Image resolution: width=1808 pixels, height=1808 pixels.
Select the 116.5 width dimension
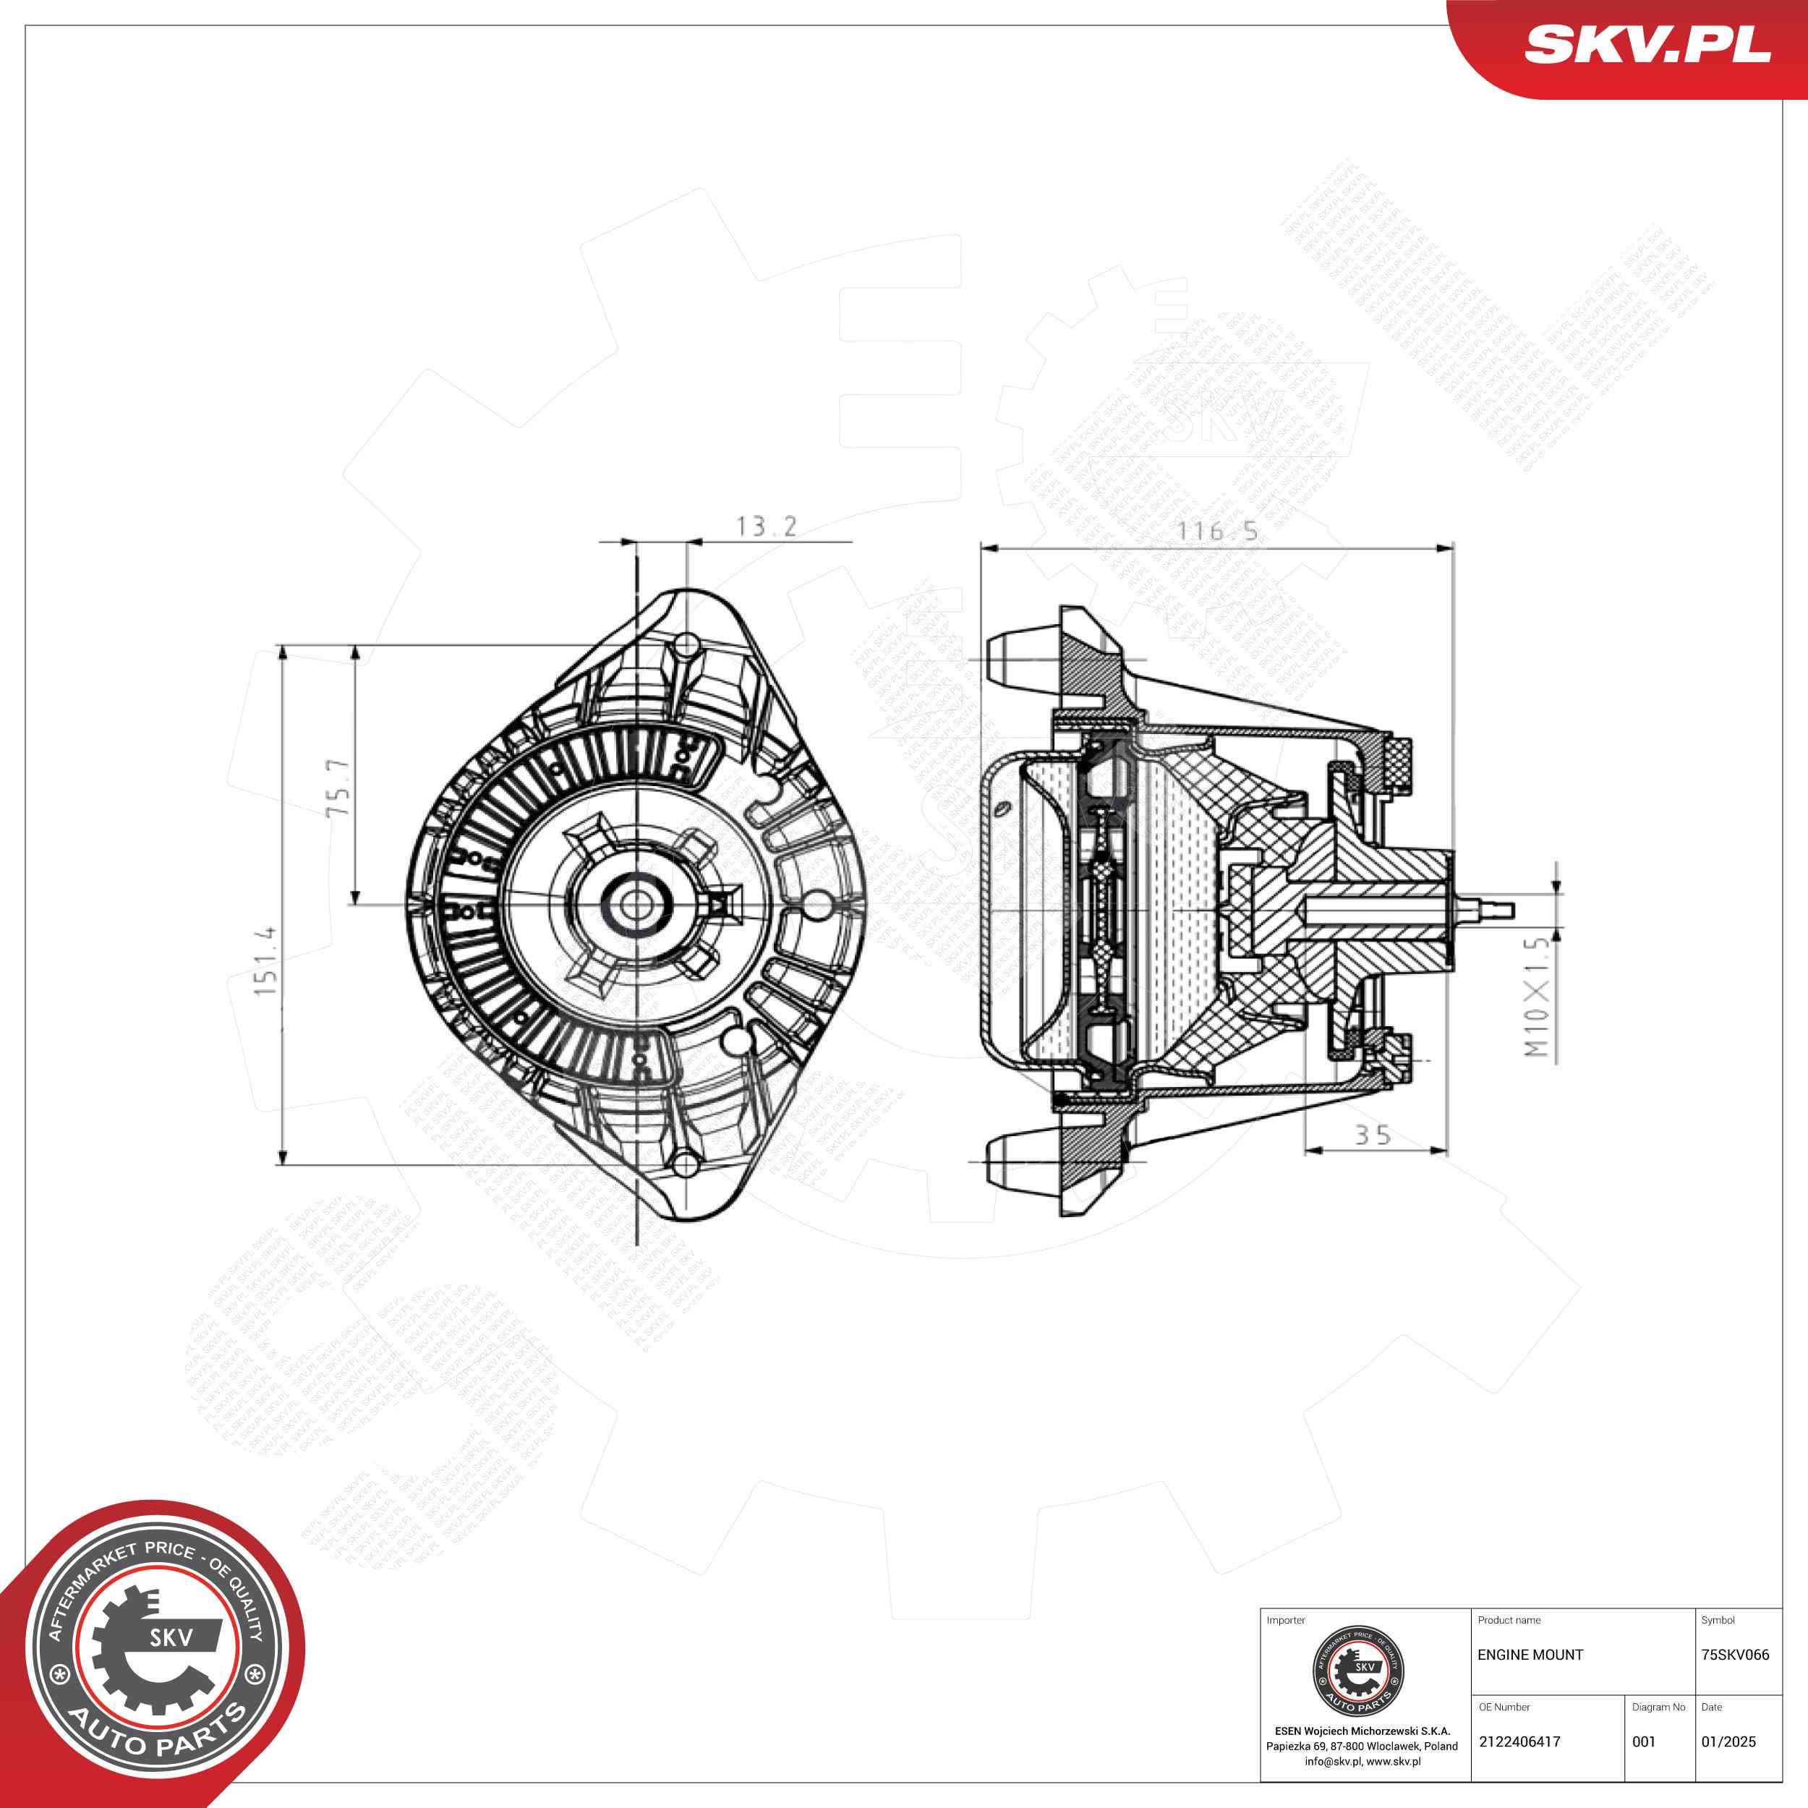(x=1216, y=532)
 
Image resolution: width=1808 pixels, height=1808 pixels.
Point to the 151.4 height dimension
(x=265, y=960)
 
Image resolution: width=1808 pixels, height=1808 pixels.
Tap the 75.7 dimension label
(x=338, y=787)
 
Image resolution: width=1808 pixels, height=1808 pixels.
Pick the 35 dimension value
(x=1373, y=1135)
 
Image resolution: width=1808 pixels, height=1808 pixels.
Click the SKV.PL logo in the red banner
(x=1647, y=44)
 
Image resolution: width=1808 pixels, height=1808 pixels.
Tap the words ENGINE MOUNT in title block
(x=1530, y=1655)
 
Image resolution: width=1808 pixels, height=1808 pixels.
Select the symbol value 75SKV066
(x=1735, y=1655)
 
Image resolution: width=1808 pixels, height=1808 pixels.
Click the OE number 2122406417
(x=1519, y=1741)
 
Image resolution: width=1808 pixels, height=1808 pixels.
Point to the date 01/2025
(x=1728, y=1741)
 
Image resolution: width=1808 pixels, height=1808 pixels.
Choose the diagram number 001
(x=1645, y=1741)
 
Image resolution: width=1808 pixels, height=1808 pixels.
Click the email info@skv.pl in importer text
(x=1333, y=1761)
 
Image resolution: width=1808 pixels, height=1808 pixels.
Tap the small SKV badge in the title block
(x=1359, y=1671)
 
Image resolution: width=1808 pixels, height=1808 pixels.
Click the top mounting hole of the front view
(x=687, y=645)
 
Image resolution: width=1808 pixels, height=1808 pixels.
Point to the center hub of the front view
(x=636, y=905)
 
